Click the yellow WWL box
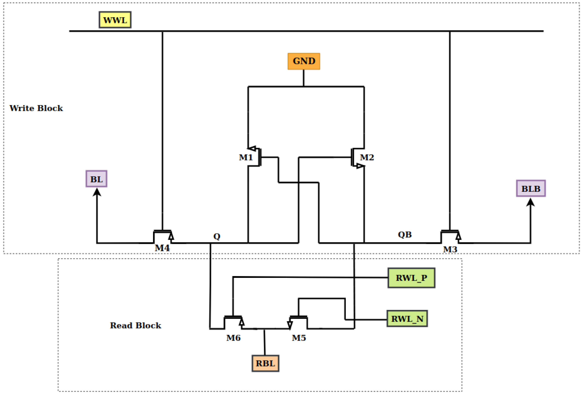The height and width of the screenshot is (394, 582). pyautogui.click(x=115, y=20)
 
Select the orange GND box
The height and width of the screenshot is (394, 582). pyautogui.click(x=304, y=61)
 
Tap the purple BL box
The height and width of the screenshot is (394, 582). pyautogui.click(x=96, y=179)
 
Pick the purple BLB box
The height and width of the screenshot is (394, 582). pyautogui.click(x=531, y=188)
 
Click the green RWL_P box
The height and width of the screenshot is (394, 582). pyautogui.click(x=411, y=278)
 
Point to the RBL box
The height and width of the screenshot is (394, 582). pyautogui.click(x=265, y=363)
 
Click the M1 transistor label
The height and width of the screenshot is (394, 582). pyautogui.click(x=246, y=157)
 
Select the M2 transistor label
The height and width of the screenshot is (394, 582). pyautogui.click(x=367, y=157)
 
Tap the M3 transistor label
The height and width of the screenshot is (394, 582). pyautogui.click(x=450, y=249)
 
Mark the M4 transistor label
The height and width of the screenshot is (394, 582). pyautogui.click(x=162, y=248)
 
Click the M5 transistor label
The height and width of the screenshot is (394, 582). pyautogui.click(x=299, y=338)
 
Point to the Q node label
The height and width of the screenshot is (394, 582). pyautogui.click(x=217, y=236)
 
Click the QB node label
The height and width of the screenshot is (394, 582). pyautogui.click(x=405, y=235)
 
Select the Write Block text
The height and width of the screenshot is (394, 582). pyautogui.click(x=36, y=108)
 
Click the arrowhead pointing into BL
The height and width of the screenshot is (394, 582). pyautogui.click(x=97, y=193)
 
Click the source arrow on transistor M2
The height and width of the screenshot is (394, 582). pyautogui.click(x=360, y=166)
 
